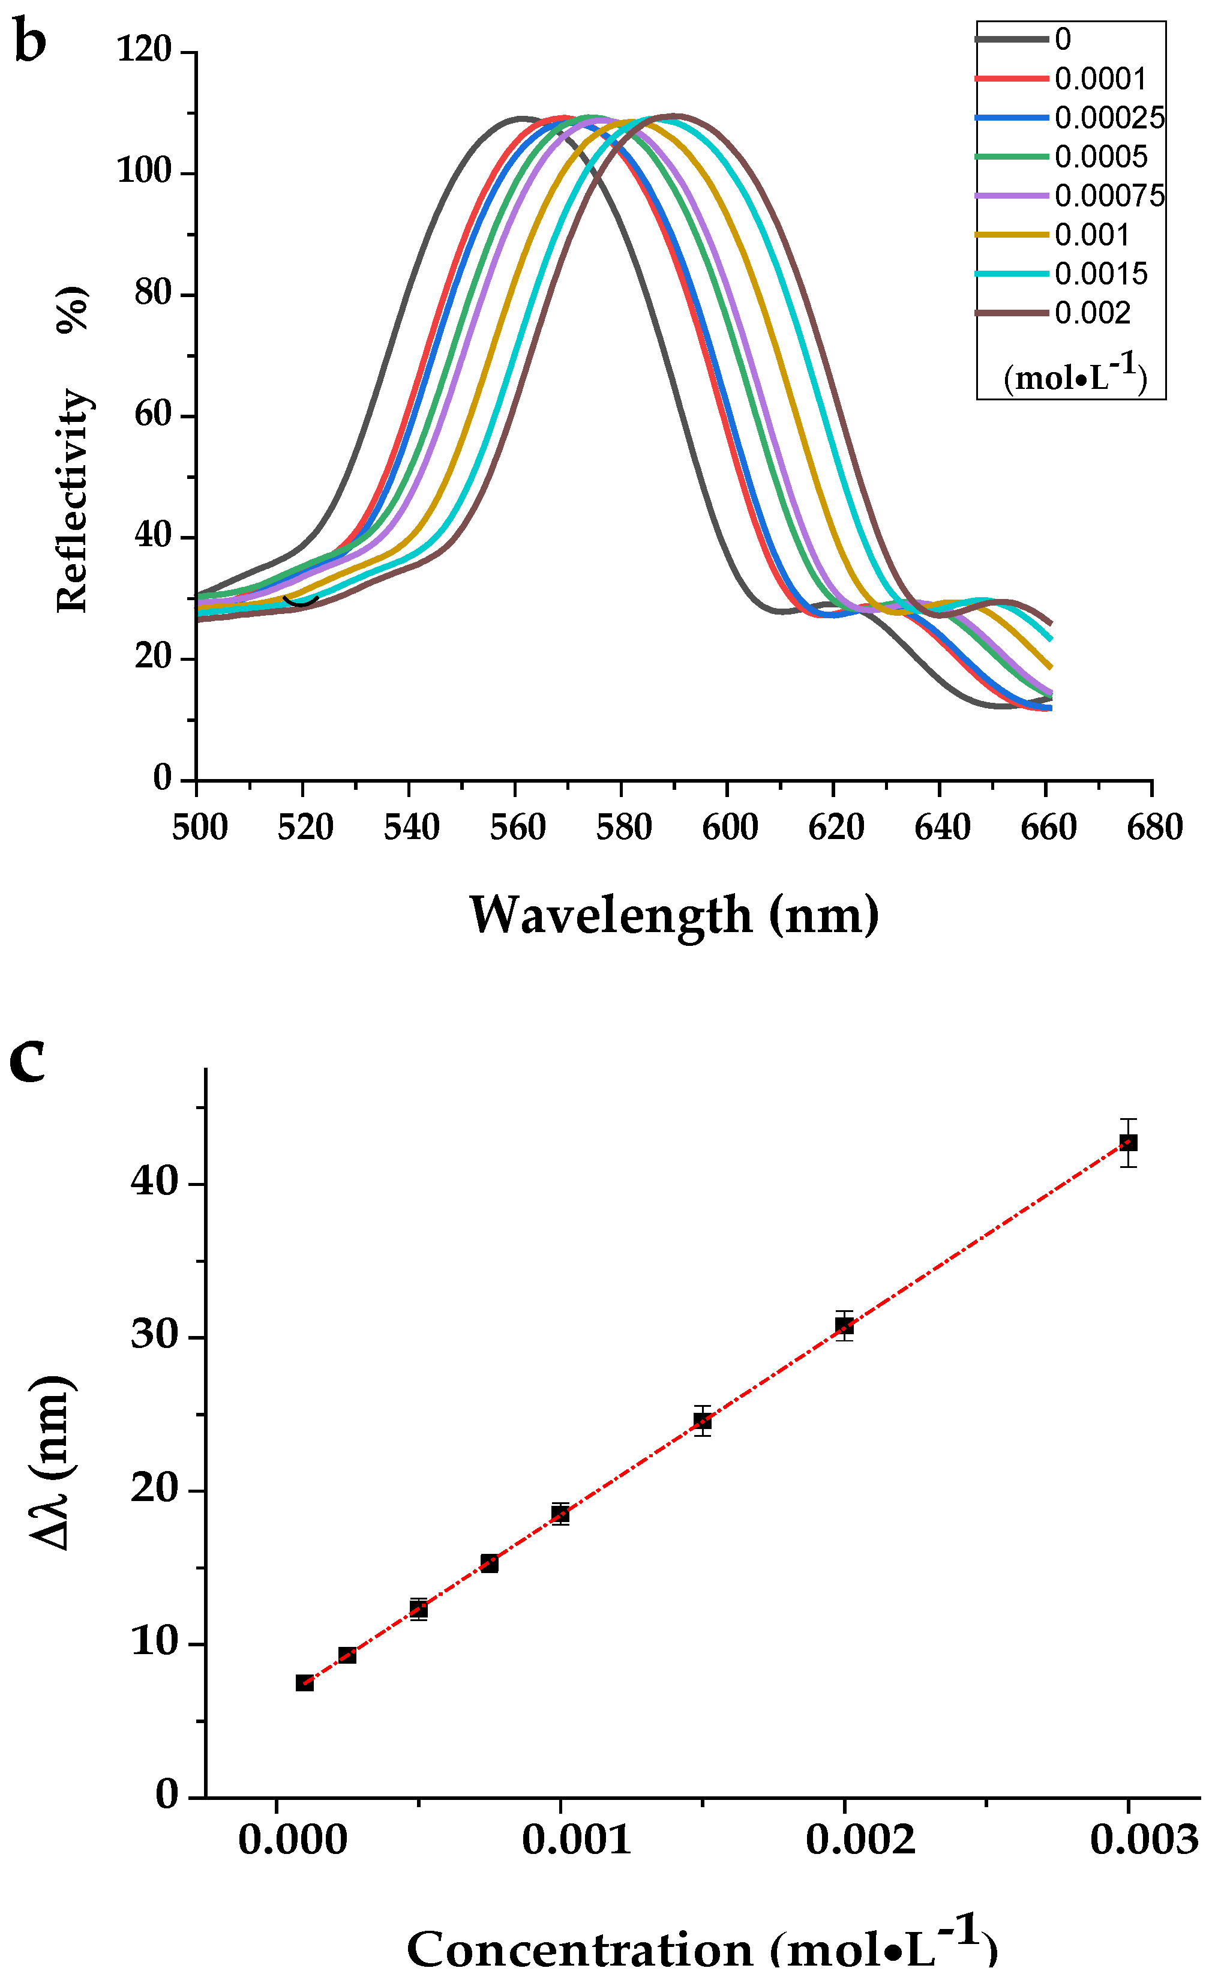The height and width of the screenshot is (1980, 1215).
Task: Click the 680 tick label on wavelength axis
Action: point(1154,827)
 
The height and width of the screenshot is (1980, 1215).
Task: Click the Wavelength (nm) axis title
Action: point(673,915)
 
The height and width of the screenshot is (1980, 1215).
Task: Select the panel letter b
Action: point(30,40)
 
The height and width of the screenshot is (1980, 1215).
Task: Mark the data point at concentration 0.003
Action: point(1128,1143)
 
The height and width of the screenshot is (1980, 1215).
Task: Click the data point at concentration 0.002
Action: point(844,1326)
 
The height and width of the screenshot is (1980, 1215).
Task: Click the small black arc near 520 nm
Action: point(301,601)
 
